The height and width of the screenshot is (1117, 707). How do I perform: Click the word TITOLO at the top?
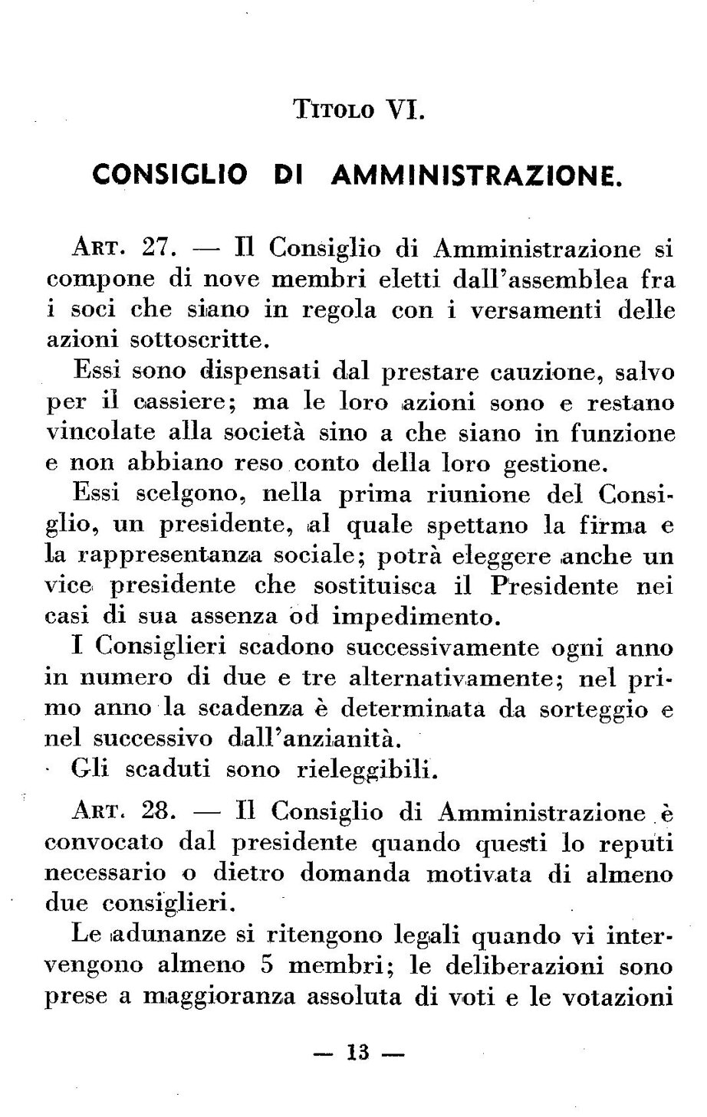[x=334, y=111]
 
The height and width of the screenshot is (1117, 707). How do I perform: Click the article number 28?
[x=161, y=811]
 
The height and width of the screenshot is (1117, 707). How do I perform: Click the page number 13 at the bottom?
[x=358, y=1053]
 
